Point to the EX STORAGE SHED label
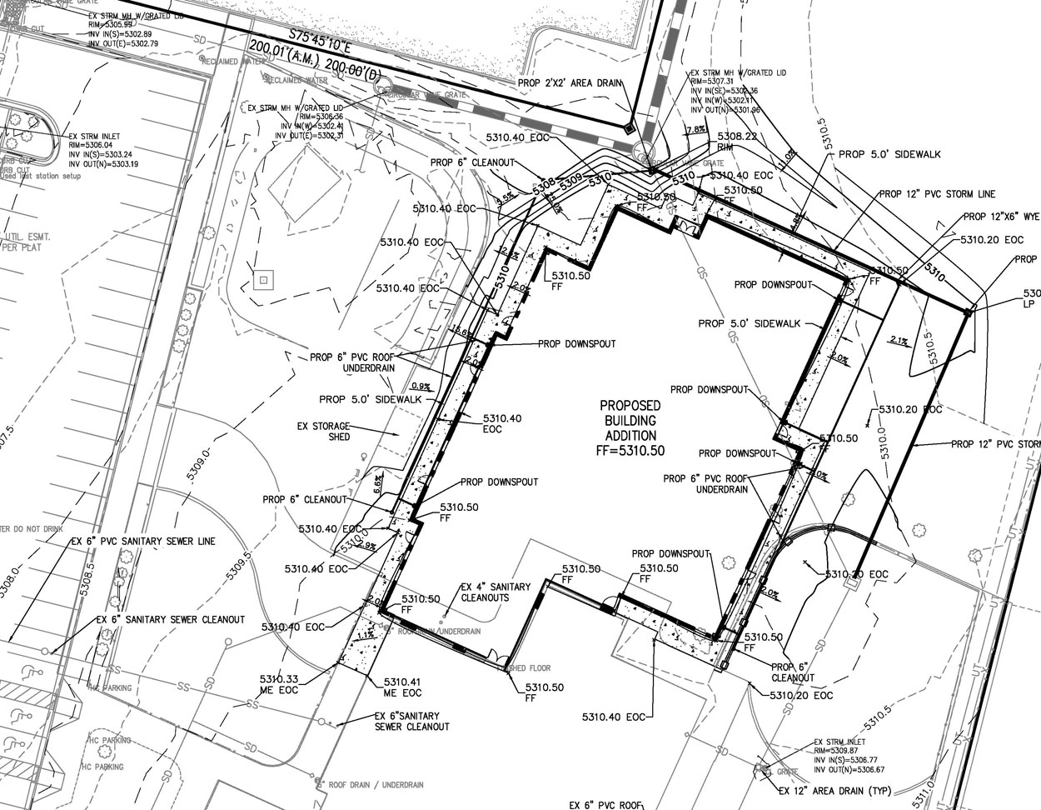324,431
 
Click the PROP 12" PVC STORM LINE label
937,194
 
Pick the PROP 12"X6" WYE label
1001,217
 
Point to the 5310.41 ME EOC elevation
402,687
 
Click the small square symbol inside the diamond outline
263,280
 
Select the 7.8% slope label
695,129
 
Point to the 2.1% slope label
899,340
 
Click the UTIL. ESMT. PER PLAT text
27,242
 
